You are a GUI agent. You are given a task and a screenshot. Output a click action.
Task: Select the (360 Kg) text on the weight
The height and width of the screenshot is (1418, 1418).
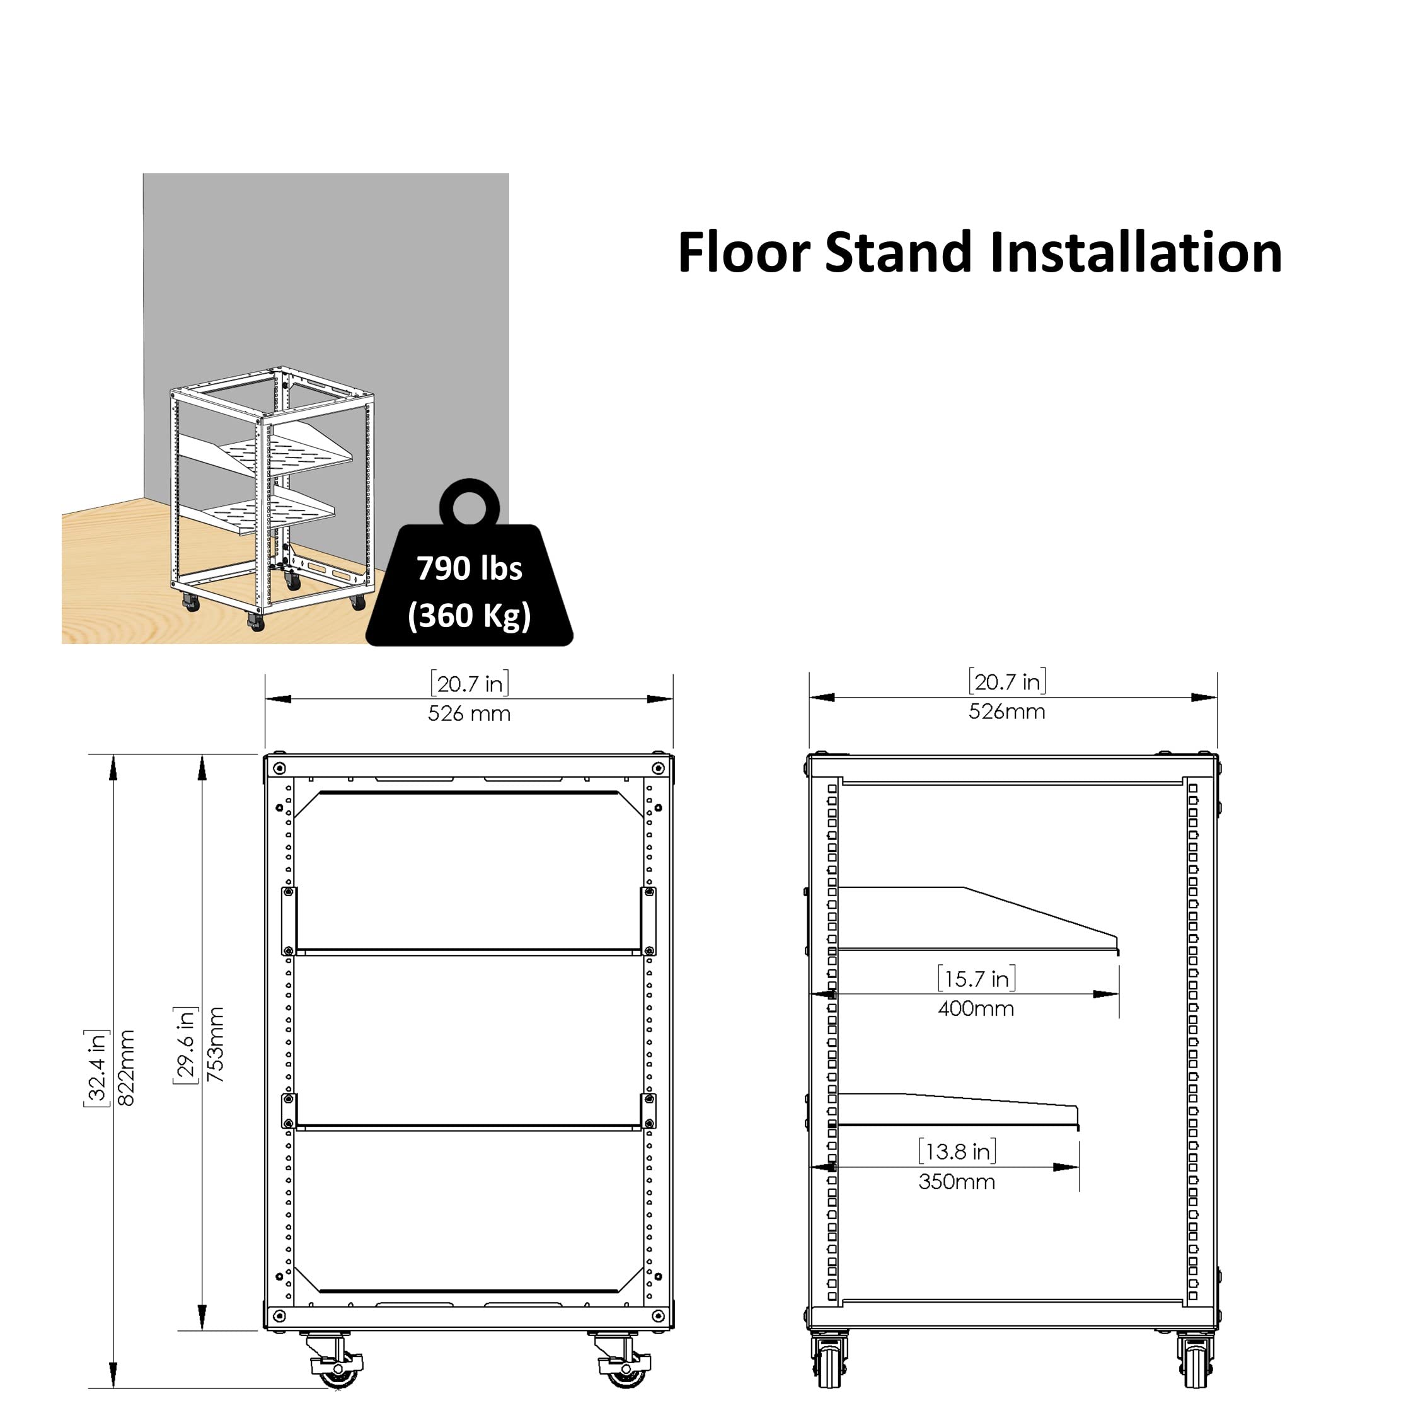[469, 615]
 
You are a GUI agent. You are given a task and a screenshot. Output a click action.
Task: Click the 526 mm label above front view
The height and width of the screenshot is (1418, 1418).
[469, 713]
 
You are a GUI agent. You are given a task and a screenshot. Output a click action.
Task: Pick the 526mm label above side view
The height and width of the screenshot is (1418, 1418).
[1007, 711]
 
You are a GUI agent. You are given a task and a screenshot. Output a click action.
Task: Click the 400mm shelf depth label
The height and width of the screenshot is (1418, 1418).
[976, 1008]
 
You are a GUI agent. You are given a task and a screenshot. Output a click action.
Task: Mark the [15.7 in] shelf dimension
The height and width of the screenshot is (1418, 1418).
[976, 979]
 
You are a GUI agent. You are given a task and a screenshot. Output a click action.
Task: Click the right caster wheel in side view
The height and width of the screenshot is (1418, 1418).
[1195, 1368]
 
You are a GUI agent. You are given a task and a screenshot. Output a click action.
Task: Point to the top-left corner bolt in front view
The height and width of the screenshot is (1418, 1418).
[279, 768]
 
